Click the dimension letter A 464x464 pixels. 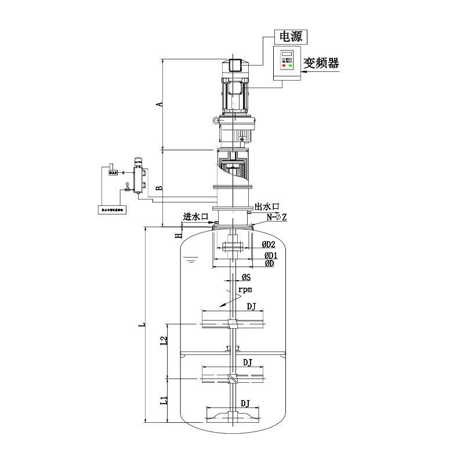pos(159,104)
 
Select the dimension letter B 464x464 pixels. pos(159,188)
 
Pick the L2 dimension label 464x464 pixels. pos(164,342)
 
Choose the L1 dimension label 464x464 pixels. pos(164,400)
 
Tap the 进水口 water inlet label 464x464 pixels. pos(195,216)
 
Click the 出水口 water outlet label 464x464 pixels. pos(267,206)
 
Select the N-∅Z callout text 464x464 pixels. pos(276,217)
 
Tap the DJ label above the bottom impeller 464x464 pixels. pos(245,403)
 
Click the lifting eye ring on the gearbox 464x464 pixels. pos(216,121)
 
